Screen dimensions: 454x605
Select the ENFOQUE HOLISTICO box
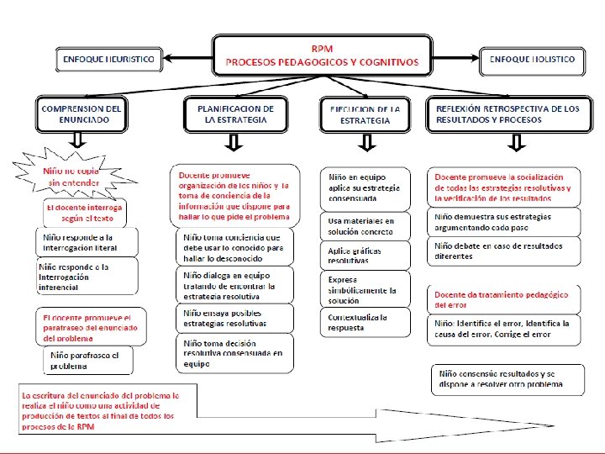(x=531, y=60)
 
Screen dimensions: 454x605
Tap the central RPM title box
(x=321, y=55)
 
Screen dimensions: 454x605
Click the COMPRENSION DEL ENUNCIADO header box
(x=82, y=114)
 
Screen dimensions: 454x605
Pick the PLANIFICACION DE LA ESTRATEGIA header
(x=235, y=114)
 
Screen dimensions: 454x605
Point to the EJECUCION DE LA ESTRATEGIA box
(x=365, y=114)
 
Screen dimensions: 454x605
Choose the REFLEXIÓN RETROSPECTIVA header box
(x=506, y=114)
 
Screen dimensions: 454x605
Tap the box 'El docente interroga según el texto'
(x=84, y=212)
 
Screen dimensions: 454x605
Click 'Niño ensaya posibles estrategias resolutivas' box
(x=236, y=319)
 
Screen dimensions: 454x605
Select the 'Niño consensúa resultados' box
(x=509, y=379)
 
